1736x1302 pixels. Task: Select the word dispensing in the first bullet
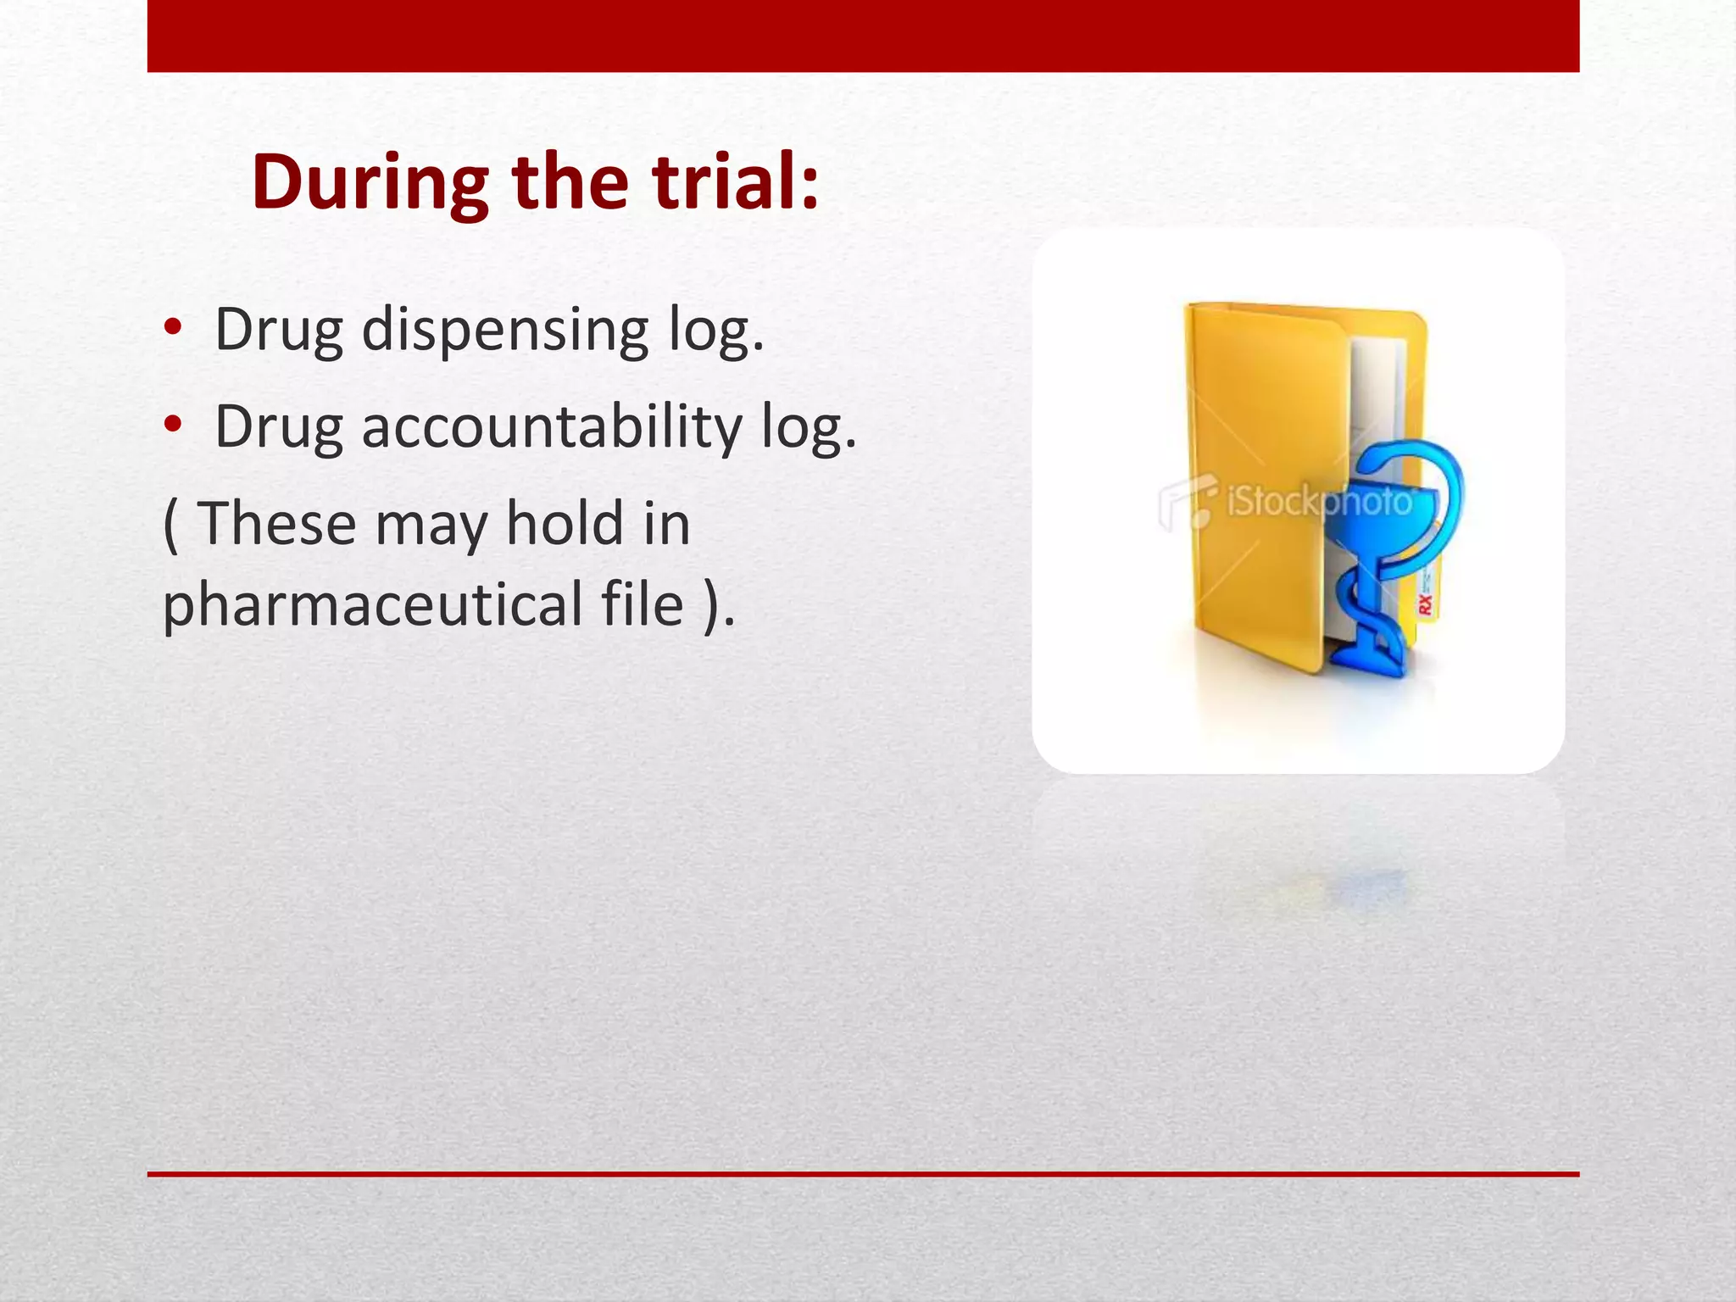(x=504, y=330)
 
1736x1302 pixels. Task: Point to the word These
(x=276, y=523)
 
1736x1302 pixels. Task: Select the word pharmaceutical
(x=372, y=604)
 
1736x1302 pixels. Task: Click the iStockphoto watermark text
(x=1319, y=503)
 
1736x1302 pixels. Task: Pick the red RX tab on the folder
(x=1426, y=604)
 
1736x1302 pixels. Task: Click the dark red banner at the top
(x=863, y=36)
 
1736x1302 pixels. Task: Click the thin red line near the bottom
(x=863, y=1174)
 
